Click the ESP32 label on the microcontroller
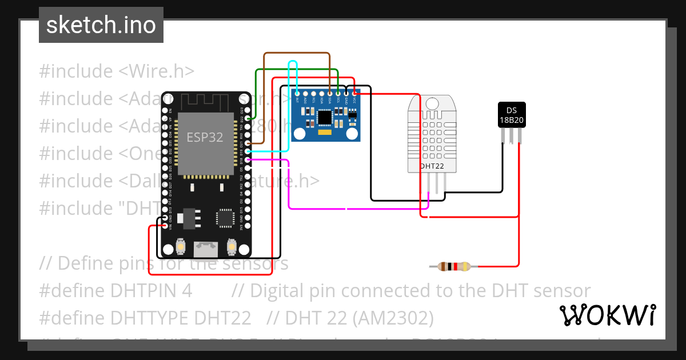pyautogui.click(x=205, y=138)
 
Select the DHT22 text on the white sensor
pyautogui.click(x=432, y=166)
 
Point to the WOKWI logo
pyautogui.click(x=607, y=315)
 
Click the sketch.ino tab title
pyautogui.click(x=101, y=25)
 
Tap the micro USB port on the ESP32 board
pyautogui.click(x=205, y=249)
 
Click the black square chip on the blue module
pyautogui.click(x=325, y=117)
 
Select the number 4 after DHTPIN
pyautogui.click(x=187, y=290)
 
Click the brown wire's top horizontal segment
pyautogui.click(x=297, y=54)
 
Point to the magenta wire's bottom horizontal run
pyautogui.click(x=354, y=209)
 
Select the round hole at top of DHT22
pyautogui.click(x=433, y=103)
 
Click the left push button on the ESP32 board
pyautogui.click(x=180, y=246)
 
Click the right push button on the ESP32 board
pyautogui.click(x=232, y=246)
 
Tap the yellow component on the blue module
pyautogui.click(x=325, y=133)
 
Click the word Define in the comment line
pyautogui.click(x=85, y=263)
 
